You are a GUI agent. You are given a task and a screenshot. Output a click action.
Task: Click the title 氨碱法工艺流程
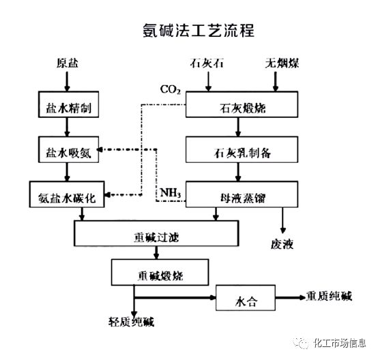pos(189,31)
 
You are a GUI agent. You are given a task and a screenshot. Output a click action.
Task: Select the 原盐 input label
pos(67,64)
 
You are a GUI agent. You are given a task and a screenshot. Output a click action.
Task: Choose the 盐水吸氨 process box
pos(67,151)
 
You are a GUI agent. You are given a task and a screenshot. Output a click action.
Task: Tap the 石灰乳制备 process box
pos(242,151)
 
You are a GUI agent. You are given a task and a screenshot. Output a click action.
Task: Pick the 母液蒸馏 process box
pos(242,195)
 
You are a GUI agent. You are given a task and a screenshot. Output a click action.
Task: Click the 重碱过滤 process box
pos(158,236)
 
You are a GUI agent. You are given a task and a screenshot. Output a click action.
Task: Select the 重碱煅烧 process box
pos(158,275)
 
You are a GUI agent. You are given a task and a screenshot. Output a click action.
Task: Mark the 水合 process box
pos(246,298)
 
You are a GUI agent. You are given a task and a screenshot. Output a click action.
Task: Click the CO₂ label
pos(170,89)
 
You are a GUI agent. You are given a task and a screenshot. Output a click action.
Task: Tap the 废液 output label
pos(282,243)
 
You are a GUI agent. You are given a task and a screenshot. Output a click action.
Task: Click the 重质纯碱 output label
pos(330,295)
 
